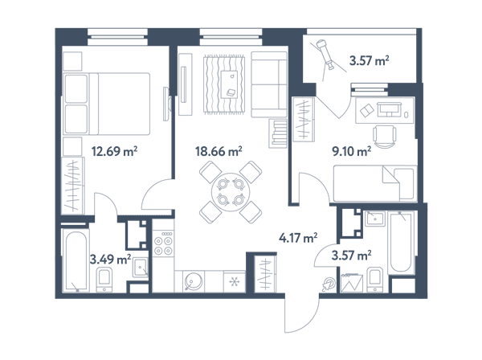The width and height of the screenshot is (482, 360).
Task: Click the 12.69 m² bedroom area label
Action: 114,151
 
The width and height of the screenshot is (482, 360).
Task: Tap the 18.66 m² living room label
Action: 219,151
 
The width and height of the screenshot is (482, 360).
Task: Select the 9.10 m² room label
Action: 351,151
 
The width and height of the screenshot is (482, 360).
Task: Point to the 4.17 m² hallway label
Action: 298,238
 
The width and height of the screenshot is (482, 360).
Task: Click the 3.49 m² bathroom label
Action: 110,260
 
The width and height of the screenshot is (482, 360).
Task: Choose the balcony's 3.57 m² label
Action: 369,60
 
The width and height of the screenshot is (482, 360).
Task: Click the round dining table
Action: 231,192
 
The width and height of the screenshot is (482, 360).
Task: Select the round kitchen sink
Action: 193,281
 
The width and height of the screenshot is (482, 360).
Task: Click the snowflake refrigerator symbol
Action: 235,281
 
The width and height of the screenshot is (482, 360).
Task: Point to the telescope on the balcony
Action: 325,55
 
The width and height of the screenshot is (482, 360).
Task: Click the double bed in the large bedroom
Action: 106,104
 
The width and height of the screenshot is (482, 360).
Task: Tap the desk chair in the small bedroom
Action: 385,137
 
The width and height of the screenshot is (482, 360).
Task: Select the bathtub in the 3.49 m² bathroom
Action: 76,261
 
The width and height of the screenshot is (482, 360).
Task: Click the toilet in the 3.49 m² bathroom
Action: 104,280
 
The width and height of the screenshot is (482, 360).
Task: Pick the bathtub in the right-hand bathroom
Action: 402,242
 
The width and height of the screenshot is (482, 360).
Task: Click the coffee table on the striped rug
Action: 229,84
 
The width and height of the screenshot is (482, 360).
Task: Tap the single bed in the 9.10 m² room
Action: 375,183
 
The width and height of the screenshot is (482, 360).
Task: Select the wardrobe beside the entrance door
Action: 265,274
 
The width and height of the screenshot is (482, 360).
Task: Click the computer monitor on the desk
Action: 390,108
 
